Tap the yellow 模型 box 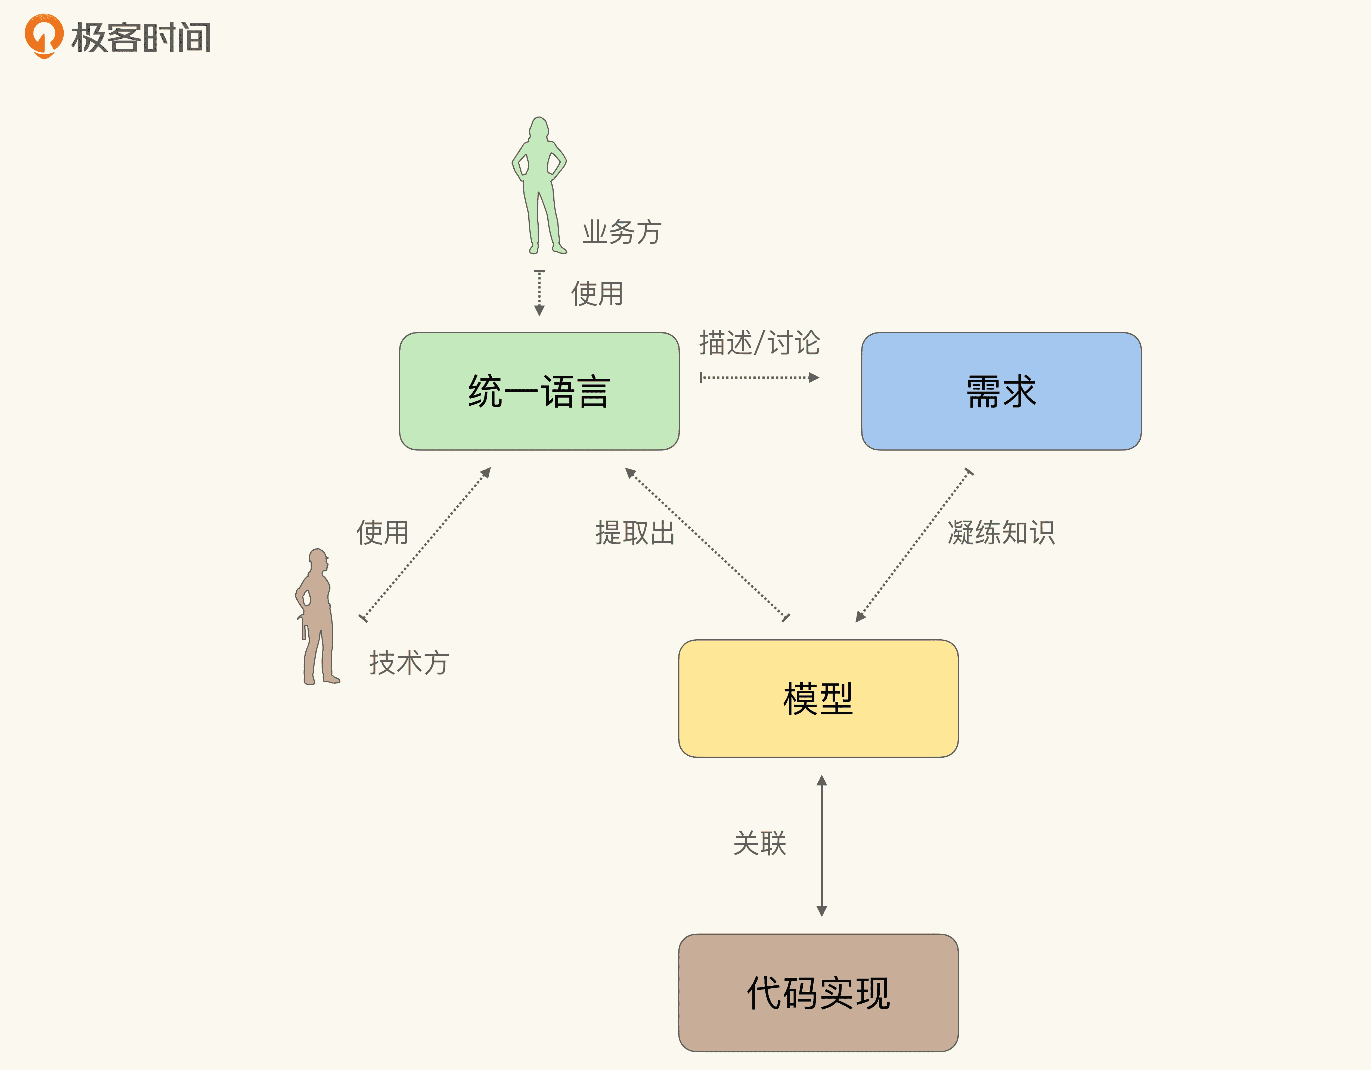click(x=818, y=698)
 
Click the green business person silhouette click(x=539, y=185)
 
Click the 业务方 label click(x=622, y=232)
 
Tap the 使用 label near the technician click(x=382, y=532)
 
